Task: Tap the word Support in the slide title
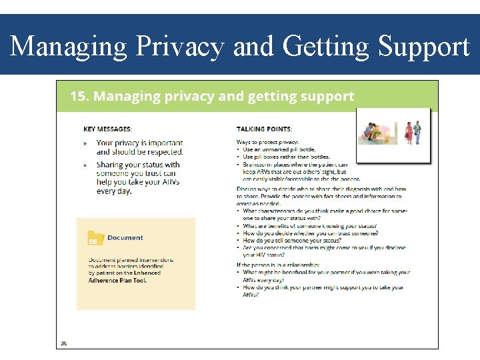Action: (424, 47)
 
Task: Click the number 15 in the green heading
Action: (79, 97)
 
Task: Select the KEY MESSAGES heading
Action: (107, 129)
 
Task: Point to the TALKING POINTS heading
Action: (264, 129)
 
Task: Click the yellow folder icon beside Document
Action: (96, 238)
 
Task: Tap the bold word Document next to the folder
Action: (125, 237)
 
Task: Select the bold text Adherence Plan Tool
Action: (117, 281)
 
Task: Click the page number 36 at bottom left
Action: (64, 343)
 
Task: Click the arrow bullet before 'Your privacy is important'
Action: (85, 143)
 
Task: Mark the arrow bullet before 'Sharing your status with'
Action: (85, 165)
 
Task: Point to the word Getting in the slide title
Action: (327, 47)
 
